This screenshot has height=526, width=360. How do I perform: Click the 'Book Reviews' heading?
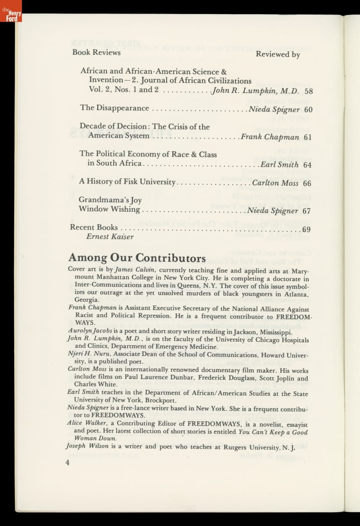point(96,53)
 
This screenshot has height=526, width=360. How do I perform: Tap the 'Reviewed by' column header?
point(278,55)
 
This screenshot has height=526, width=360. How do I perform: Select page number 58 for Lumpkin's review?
point(309,91)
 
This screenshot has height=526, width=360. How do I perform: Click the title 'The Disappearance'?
point(114,108)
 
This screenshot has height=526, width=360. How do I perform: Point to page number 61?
point(307,137)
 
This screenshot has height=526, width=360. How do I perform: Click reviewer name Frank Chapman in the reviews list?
point(270,137)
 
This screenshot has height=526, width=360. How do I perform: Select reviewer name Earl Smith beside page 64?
point(279,165)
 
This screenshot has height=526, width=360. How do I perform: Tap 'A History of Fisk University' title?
point(127,181)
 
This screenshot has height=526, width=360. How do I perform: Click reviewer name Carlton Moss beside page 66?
point(275,183)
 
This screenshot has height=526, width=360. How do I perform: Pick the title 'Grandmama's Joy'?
point(110,200)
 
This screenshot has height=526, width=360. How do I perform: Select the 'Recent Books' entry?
point(94,227)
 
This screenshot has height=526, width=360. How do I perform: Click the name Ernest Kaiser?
point(110,237)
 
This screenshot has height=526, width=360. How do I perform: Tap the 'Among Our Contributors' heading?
point(137,258)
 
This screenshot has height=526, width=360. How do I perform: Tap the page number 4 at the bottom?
point(68,462)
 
